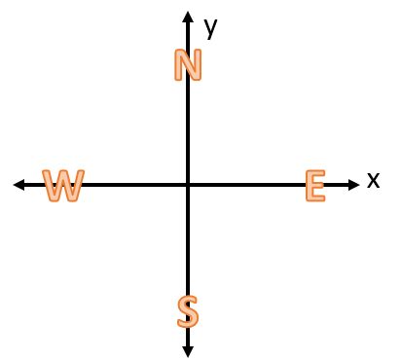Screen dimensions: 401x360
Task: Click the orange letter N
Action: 188,64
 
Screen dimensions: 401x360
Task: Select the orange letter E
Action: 313,185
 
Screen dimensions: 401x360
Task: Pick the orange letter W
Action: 63,185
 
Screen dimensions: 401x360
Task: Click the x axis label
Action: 373,180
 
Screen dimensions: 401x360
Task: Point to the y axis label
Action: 210,26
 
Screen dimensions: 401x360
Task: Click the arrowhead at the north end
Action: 188,17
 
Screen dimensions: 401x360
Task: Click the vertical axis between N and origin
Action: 188,131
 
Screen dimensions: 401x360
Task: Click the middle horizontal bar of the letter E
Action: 312,185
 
